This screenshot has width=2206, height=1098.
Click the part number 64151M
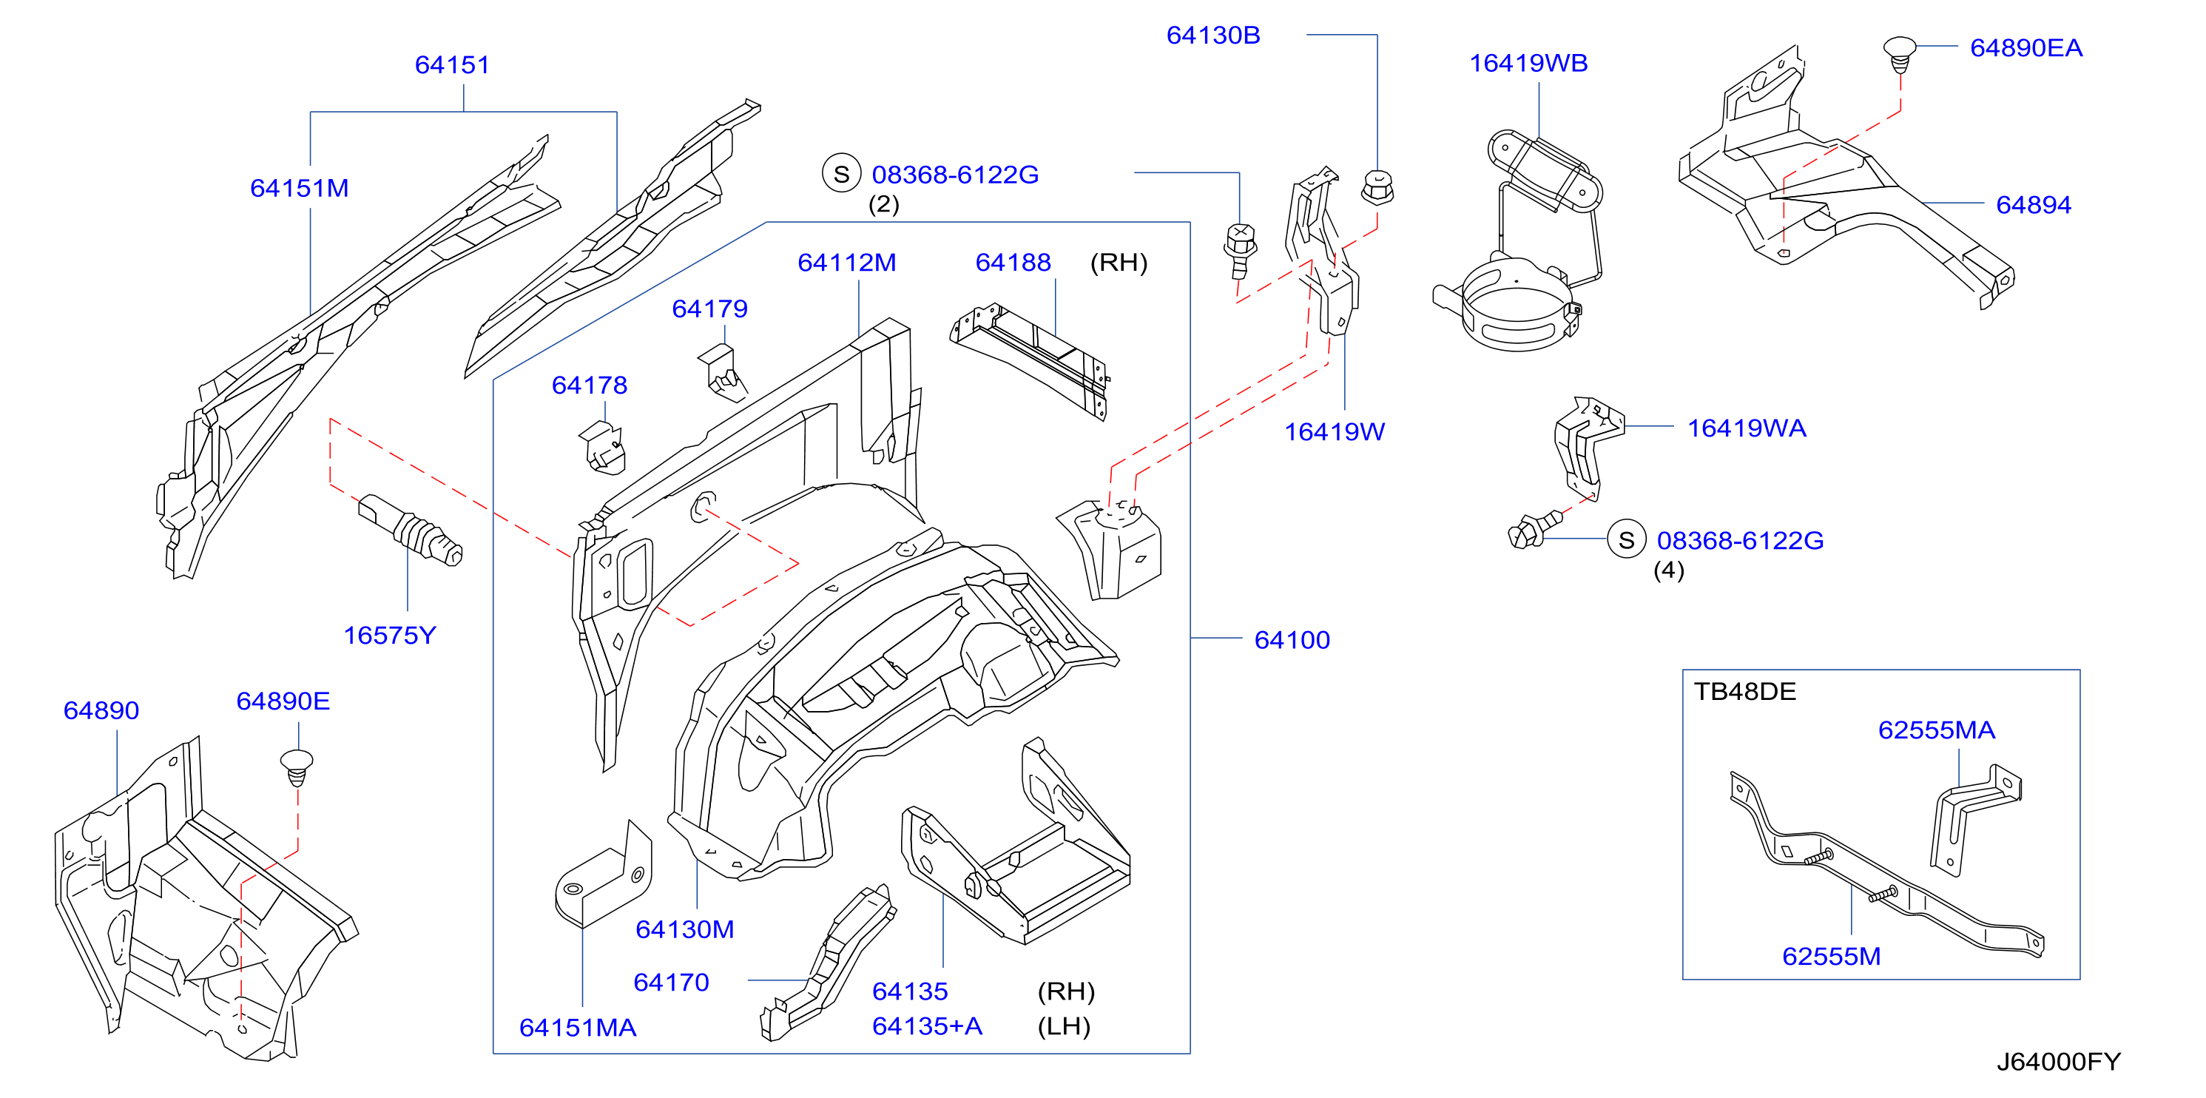click(x=299, y=188)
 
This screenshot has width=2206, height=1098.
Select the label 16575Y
click(x=390, y=635)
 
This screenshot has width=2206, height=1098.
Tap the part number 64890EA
click(x=2026, y=47)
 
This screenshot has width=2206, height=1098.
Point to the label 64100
click(x=1292, y=639)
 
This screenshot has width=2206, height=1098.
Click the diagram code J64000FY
click(x=2058, y=1061)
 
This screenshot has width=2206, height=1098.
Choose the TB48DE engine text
click(x=1744, y=691)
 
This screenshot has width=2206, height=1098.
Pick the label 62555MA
click(x=1936, y=730)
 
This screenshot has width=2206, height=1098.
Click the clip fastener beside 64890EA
click(x=1900, y=53)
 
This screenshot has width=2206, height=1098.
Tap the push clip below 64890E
click(x=297, y=767)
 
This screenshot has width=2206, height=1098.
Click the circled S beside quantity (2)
click(x=841, y=174)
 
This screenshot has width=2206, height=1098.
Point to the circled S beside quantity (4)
click(x=1626, y=539)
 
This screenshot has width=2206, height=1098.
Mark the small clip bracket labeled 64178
click(x=604, y=448)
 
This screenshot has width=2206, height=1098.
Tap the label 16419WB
click(x=1528, y=63)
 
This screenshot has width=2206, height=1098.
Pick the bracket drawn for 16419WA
click(x=1586, y=446)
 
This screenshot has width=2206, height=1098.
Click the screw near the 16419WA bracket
click(x=1534, y=529)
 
